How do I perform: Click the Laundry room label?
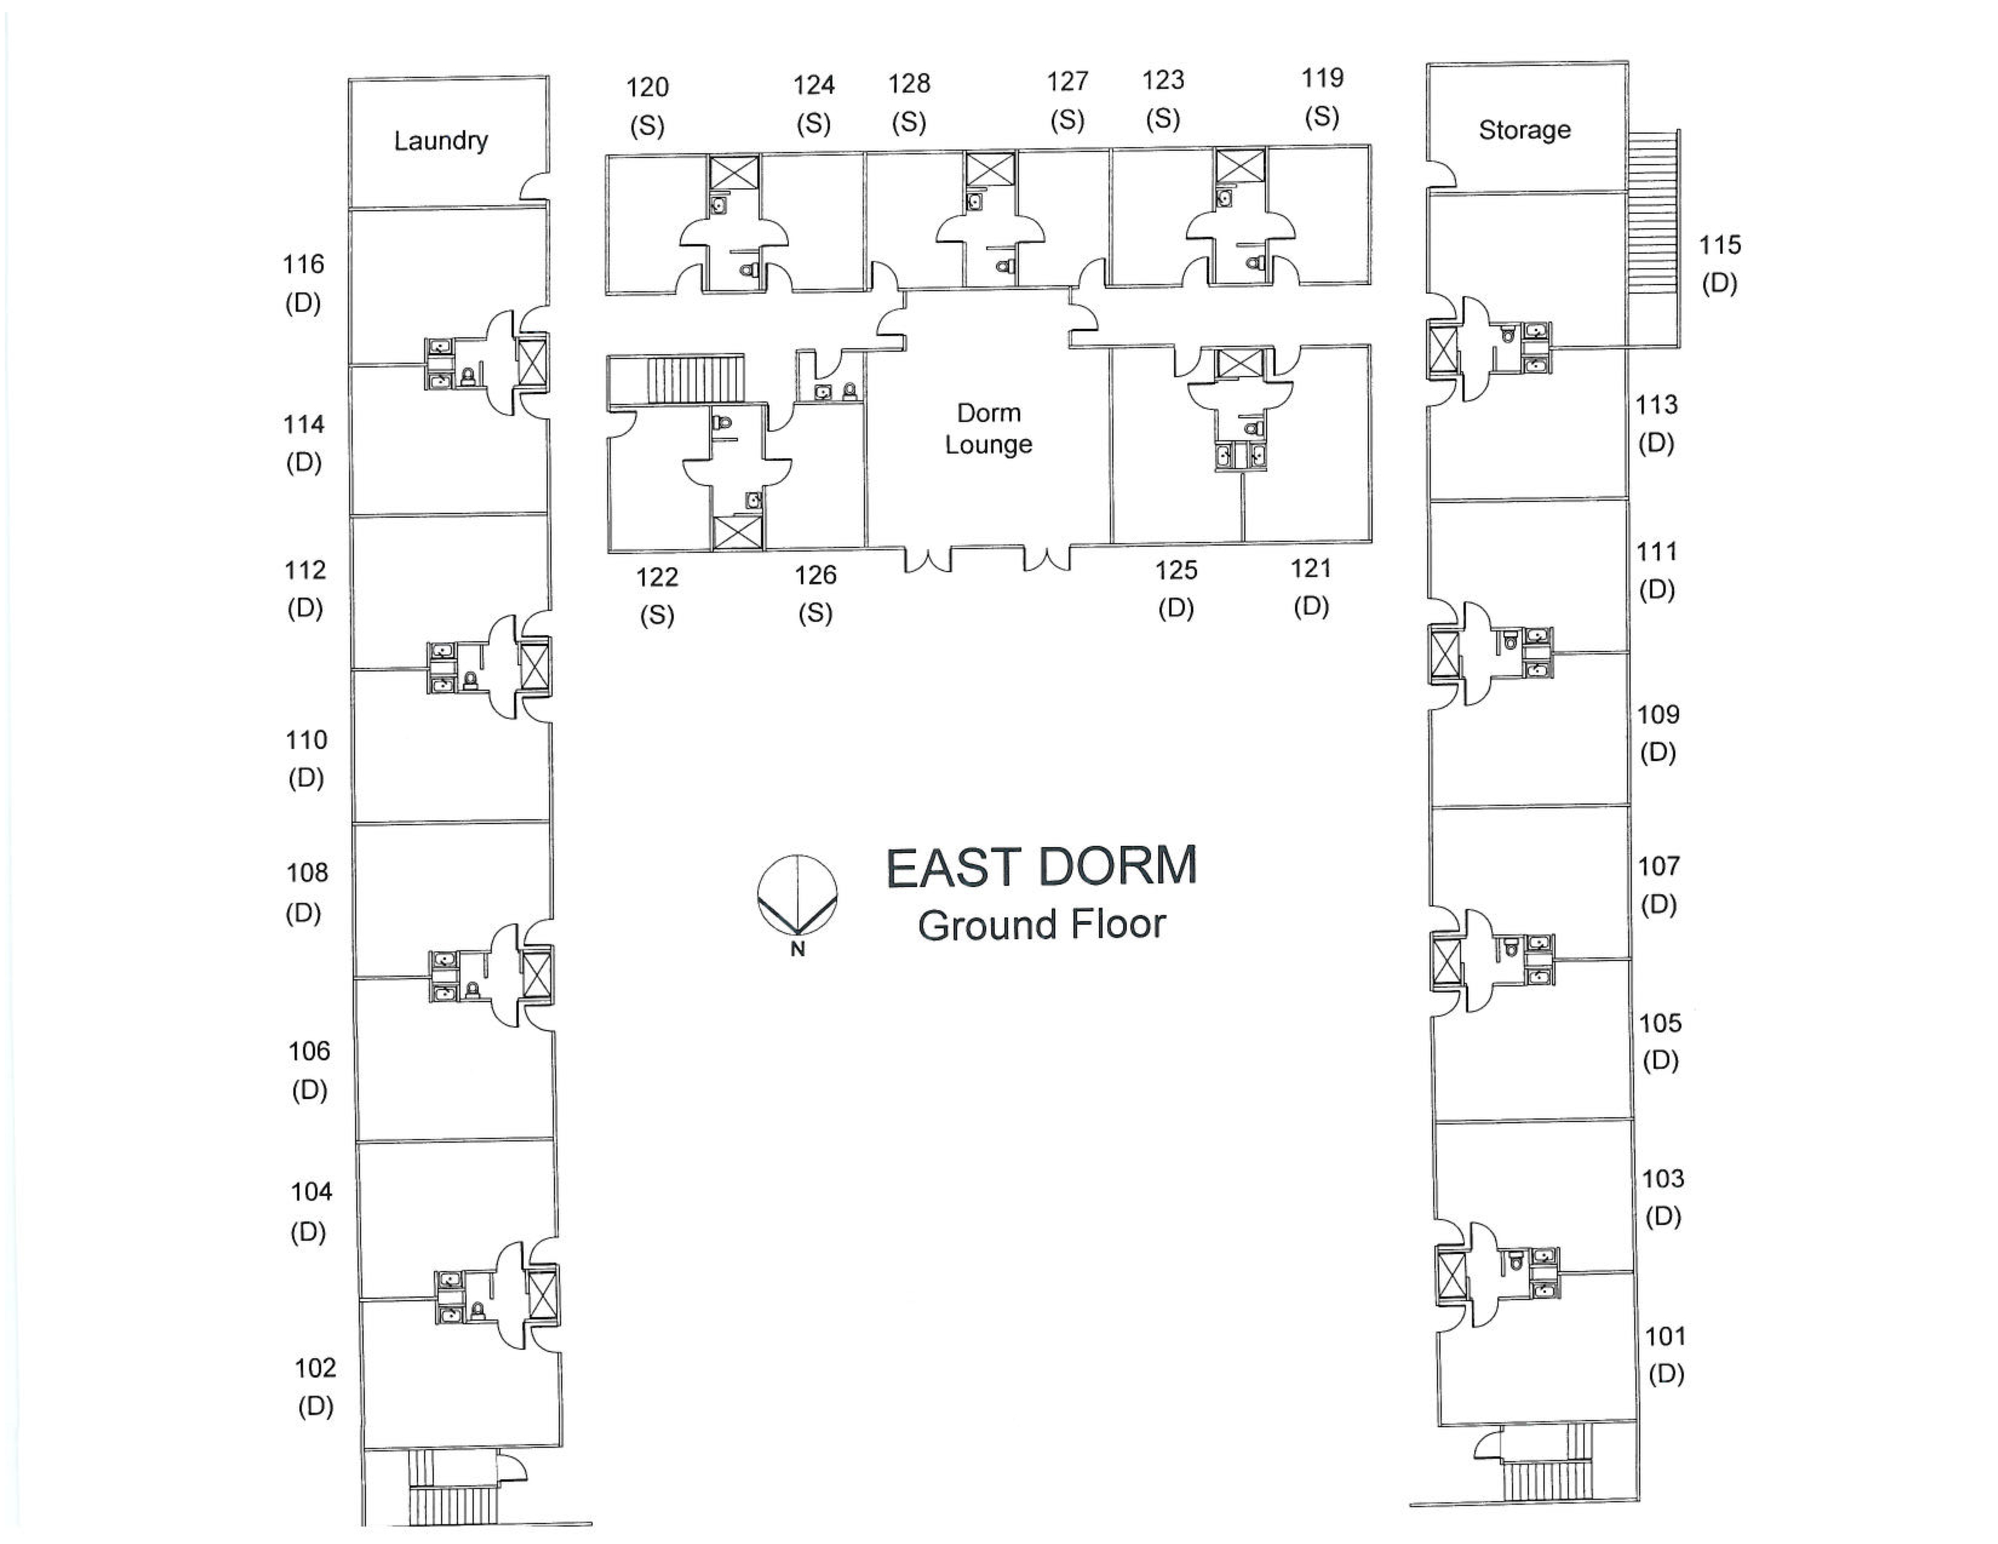440,141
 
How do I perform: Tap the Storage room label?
1524,130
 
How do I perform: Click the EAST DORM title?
1041,867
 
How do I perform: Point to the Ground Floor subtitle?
1041,925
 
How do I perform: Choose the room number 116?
303,265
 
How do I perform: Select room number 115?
1719,245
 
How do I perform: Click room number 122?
657,577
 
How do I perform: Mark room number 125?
1176,571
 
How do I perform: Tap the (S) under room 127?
1067,120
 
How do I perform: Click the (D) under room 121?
1311,607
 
